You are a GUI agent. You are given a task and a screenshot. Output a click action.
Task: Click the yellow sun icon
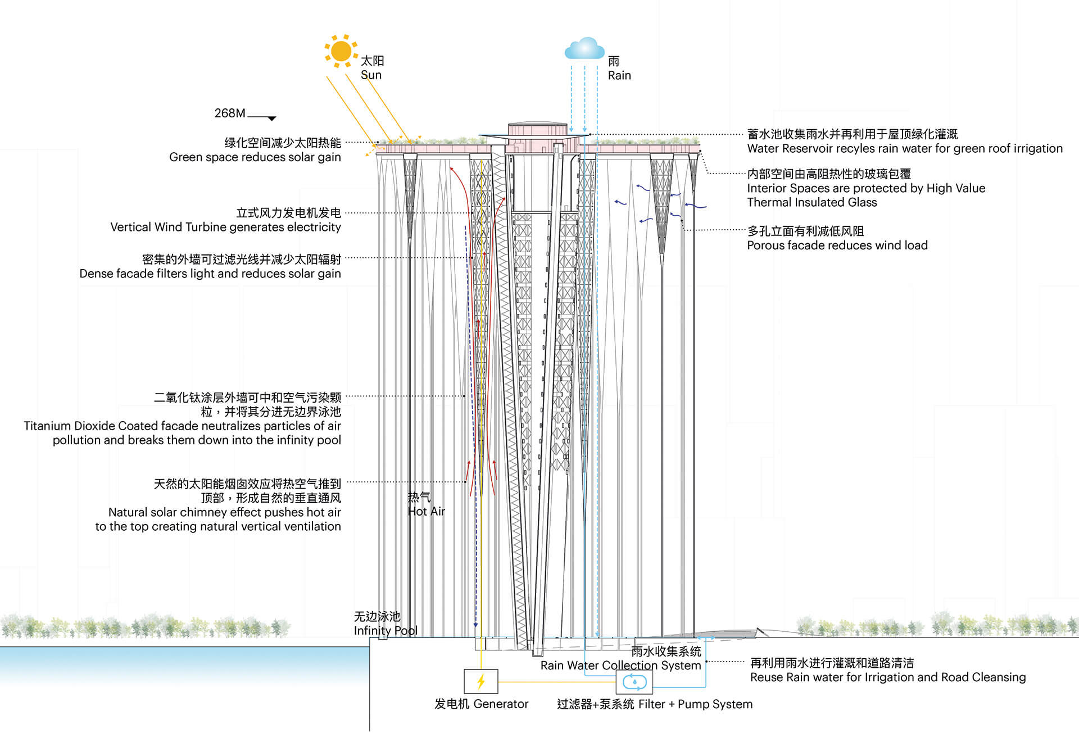pyautogui.click(x=341, y=51)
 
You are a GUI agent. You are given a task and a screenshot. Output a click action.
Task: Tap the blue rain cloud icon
pyautogui.click(x=584, y=49)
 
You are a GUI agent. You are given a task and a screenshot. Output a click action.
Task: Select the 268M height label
pyautogui.click(x=229, y=113)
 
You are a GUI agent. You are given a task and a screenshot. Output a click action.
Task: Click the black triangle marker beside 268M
pyautogui.click(x=272, y=118)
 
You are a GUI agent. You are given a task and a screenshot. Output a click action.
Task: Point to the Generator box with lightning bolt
pyautogui.click(x=481, y=681)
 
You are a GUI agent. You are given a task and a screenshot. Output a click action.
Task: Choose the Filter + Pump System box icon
pyautogui.click(x=634, y=682)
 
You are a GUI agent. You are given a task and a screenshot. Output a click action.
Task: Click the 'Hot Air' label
pyautogui.click(x=427, y=512)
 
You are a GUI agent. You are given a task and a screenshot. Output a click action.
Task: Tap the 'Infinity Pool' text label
pyautogui.click(x=386, y=631)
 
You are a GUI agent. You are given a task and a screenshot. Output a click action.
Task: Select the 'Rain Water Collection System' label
pyautogui.click(x=620, y=665)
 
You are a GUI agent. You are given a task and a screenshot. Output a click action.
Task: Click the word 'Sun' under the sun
pyautogui.click(x=371, y=75)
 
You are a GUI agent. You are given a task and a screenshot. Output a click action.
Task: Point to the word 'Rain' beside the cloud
pyautogui.click(x=619, y=76)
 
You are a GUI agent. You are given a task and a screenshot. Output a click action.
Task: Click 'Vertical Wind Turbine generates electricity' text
pyautogui.click(x=225, y=227)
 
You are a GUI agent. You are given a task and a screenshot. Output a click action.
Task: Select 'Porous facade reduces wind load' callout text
pyautogui.click(x=837, y=245)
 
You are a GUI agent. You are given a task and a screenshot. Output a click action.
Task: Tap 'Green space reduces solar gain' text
pyautogui.click(x=255, y=157)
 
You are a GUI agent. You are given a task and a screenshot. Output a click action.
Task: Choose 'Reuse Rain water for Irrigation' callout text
pyautogui.click(x=888, y=677)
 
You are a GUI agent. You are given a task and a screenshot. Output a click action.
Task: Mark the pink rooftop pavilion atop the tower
pyautogui.click(x=537, y=131)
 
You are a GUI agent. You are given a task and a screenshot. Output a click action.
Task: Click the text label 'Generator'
pyautogui.click(x=501, y=704)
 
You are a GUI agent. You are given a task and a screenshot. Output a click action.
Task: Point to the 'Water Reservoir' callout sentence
pyautogui.click(x=905, y=149)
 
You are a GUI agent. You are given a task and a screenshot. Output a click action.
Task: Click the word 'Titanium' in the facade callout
pyautogui.click(x=47, y=426)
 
